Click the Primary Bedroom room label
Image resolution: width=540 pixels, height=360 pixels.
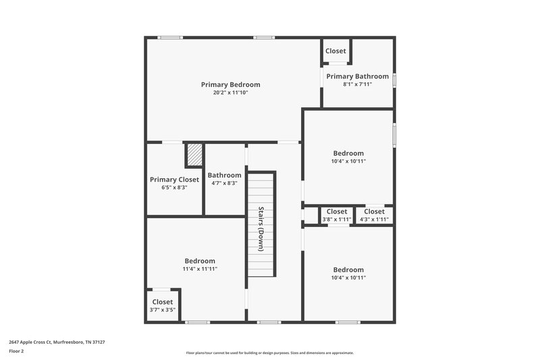(230, 84)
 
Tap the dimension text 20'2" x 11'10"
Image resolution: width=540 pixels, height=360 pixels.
(230, 93)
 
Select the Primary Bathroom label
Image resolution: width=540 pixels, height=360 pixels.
(357, 76)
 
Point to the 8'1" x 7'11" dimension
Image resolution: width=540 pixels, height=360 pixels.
(357, 84)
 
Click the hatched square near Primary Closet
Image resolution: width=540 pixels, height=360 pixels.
(194, 155)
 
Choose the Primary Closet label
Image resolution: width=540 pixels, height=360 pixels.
(174, 180)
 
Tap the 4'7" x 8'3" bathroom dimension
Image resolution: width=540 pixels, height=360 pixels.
(224, 183)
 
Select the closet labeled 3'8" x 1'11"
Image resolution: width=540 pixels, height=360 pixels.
(337, 215)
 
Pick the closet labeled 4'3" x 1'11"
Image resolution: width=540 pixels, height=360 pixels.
(374, 215)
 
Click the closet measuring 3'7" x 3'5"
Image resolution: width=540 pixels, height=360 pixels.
(162, 305)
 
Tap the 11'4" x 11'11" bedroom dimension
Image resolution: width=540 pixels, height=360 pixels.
(200, 269)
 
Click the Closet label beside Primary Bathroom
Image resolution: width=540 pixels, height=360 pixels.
(335, 51)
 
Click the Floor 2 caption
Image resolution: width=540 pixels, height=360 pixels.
(16, 351)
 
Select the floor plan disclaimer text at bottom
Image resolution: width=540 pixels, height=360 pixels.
(269, 353)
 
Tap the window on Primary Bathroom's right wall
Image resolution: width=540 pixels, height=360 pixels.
(394, 80)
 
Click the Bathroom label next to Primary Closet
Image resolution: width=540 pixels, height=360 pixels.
(224, 175)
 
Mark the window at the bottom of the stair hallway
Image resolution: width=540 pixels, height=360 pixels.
(269, 322)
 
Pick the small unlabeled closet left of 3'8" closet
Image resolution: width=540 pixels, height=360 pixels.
(310, 215)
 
